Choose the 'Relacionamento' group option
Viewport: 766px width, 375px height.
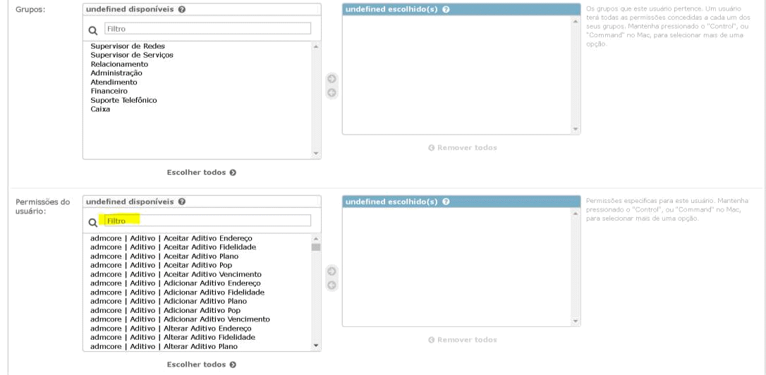pos(119,64)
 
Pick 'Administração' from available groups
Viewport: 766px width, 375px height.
pos(116,73)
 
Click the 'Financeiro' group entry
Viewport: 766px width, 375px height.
pos(110,91)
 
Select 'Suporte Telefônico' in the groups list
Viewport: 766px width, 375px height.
pos(124,100)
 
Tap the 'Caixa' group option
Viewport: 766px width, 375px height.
pos(101,109)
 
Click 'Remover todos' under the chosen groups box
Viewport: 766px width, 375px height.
pos(462,148)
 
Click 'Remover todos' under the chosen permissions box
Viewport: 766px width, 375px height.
pos(462,340)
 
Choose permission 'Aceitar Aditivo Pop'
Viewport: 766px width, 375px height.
pos(197,266)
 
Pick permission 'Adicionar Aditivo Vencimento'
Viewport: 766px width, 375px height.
pos(216,319)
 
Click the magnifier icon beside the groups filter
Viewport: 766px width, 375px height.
pos(93,30)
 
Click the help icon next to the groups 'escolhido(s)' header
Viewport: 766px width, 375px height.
pos(446,10)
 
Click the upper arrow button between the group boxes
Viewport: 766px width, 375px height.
pos(332,79)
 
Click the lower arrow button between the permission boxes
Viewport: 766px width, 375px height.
pos(332,285)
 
